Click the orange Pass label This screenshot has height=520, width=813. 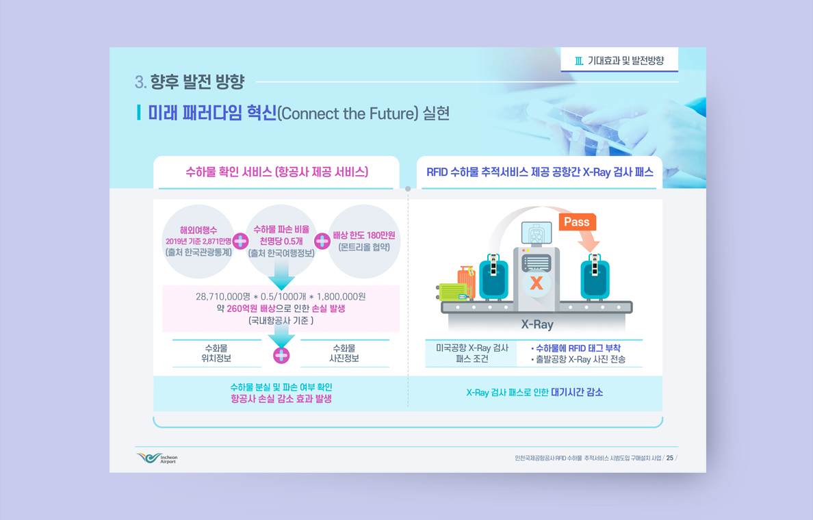pos(577,222)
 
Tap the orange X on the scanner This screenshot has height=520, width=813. pos(537,283)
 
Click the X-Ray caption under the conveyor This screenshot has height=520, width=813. pos(537,324)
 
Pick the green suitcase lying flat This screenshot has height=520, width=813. pos(453,292)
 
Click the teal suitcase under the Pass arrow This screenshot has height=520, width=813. pos(595,276)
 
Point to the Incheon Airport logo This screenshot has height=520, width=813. pos(157,458)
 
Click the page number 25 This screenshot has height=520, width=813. pos(670,458)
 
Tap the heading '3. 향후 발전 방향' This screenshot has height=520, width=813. pos(190,81)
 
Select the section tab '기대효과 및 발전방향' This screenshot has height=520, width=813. pos(619,61)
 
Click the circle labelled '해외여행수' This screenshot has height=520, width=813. pos(198,242)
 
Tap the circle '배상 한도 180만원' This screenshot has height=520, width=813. pos(364,242)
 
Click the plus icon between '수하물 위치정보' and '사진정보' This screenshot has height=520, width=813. pos(281,355)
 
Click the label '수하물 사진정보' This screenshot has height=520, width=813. pos(344,353)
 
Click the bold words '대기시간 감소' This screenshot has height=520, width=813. pos(577,393)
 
